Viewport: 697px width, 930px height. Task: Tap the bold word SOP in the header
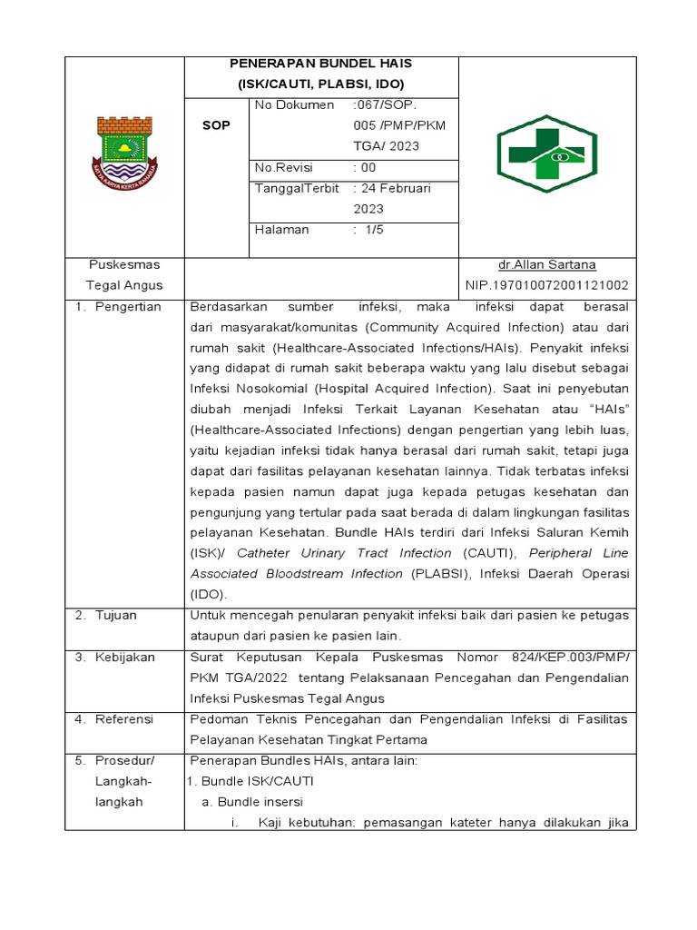pyautogui.click(x=216, y=125)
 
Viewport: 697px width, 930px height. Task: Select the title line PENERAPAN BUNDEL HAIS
pyautogui.click(x=321, y=64)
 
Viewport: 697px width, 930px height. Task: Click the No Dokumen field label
pyautogui.click(x=294, y=105)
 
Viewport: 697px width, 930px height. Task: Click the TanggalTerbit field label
pyautogui.click(x=297, y=189)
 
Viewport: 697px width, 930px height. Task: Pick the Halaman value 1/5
pyautogui.click(x=372, y=230)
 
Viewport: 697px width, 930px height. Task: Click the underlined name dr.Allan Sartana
pyautogui.click(x=546, y=265)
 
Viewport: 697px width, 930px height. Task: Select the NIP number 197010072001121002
pyautogui.click(x=546, y=285)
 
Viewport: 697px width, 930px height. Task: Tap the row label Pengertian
pyautogui.click(x=128, y=307)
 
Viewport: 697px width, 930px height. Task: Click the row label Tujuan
pyautogui.click(x=117, y=615)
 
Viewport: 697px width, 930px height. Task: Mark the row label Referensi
pyautogui.click(x=124, y=719)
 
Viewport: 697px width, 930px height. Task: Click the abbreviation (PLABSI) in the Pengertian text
pyautogui.click(x=440, y=574)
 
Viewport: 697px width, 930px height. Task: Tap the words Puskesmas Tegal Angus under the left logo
pyautogui.click(x=124, y=275)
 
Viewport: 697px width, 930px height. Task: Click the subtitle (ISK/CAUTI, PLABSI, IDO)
pyautogui.click(x=321, y=84)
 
